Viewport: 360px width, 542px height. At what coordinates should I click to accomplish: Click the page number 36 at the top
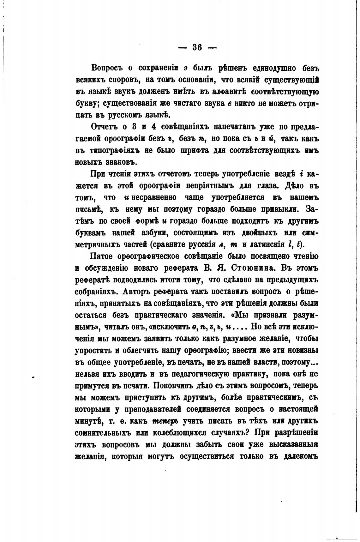tap(197, 47)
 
